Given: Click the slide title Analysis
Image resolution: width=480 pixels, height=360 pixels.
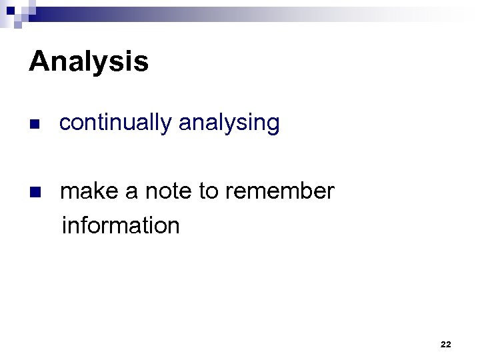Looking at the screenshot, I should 89,62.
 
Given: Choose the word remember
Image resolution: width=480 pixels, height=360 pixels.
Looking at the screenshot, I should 279,191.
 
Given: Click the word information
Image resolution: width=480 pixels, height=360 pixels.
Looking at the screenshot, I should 120,225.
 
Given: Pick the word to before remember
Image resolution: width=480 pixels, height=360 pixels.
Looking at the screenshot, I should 208,191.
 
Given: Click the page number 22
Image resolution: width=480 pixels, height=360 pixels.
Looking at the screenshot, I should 446,344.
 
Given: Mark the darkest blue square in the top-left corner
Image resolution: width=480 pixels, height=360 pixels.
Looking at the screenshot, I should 10,10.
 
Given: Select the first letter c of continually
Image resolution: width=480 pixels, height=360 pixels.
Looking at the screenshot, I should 64,123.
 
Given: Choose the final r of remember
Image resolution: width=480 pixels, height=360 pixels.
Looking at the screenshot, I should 331,192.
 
